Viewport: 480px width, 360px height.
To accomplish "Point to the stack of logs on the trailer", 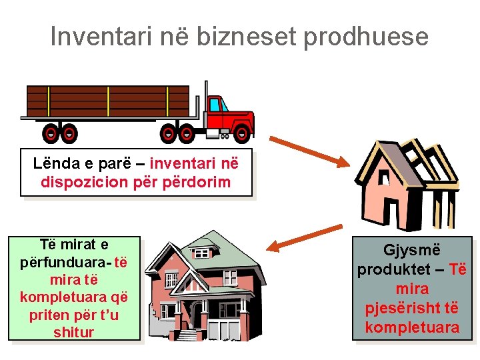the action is pos(107,101).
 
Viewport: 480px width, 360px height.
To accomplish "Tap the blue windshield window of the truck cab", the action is pos(215,105).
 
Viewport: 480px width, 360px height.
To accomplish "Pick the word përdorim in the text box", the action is pos(199,181).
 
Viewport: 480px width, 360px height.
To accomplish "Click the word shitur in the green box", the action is pos(74,332).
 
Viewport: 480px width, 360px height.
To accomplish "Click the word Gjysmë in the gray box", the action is pos(411,251).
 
